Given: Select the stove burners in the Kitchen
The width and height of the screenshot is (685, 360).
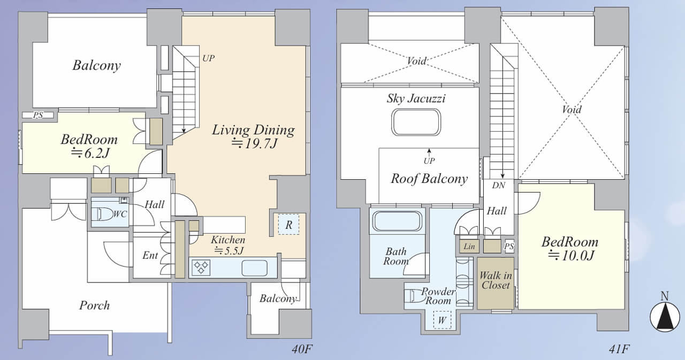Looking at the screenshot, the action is [201, 267].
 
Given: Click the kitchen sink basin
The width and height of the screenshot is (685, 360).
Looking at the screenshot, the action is [254, 268].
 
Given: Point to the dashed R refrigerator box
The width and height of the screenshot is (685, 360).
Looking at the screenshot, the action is [288, 225].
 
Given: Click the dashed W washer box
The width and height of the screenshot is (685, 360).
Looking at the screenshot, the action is [442, 320].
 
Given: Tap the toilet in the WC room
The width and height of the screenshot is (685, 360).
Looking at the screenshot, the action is [102, 214].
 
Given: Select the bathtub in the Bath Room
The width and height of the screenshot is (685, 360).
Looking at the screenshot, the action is [397, 220].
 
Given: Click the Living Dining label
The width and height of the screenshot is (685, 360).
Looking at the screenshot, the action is [254, 129].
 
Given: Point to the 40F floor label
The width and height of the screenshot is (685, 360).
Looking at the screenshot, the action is [302, 349].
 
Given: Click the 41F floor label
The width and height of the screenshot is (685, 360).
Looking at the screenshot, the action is [619, 349].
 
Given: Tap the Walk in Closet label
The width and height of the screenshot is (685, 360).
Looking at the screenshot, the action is [496, 280].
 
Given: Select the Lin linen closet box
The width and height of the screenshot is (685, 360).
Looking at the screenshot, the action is [469, 246].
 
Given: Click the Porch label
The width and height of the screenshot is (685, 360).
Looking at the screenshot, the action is [95, 305].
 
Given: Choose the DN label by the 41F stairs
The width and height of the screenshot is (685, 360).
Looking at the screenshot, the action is [499, 185].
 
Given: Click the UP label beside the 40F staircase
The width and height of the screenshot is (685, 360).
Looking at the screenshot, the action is [208, 58].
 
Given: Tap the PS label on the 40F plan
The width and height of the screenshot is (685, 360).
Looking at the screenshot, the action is [38, 115].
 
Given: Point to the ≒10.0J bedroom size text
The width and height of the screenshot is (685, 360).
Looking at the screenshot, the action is [570, 256].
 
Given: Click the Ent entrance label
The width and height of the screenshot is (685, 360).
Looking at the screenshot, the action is [150, 255].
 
